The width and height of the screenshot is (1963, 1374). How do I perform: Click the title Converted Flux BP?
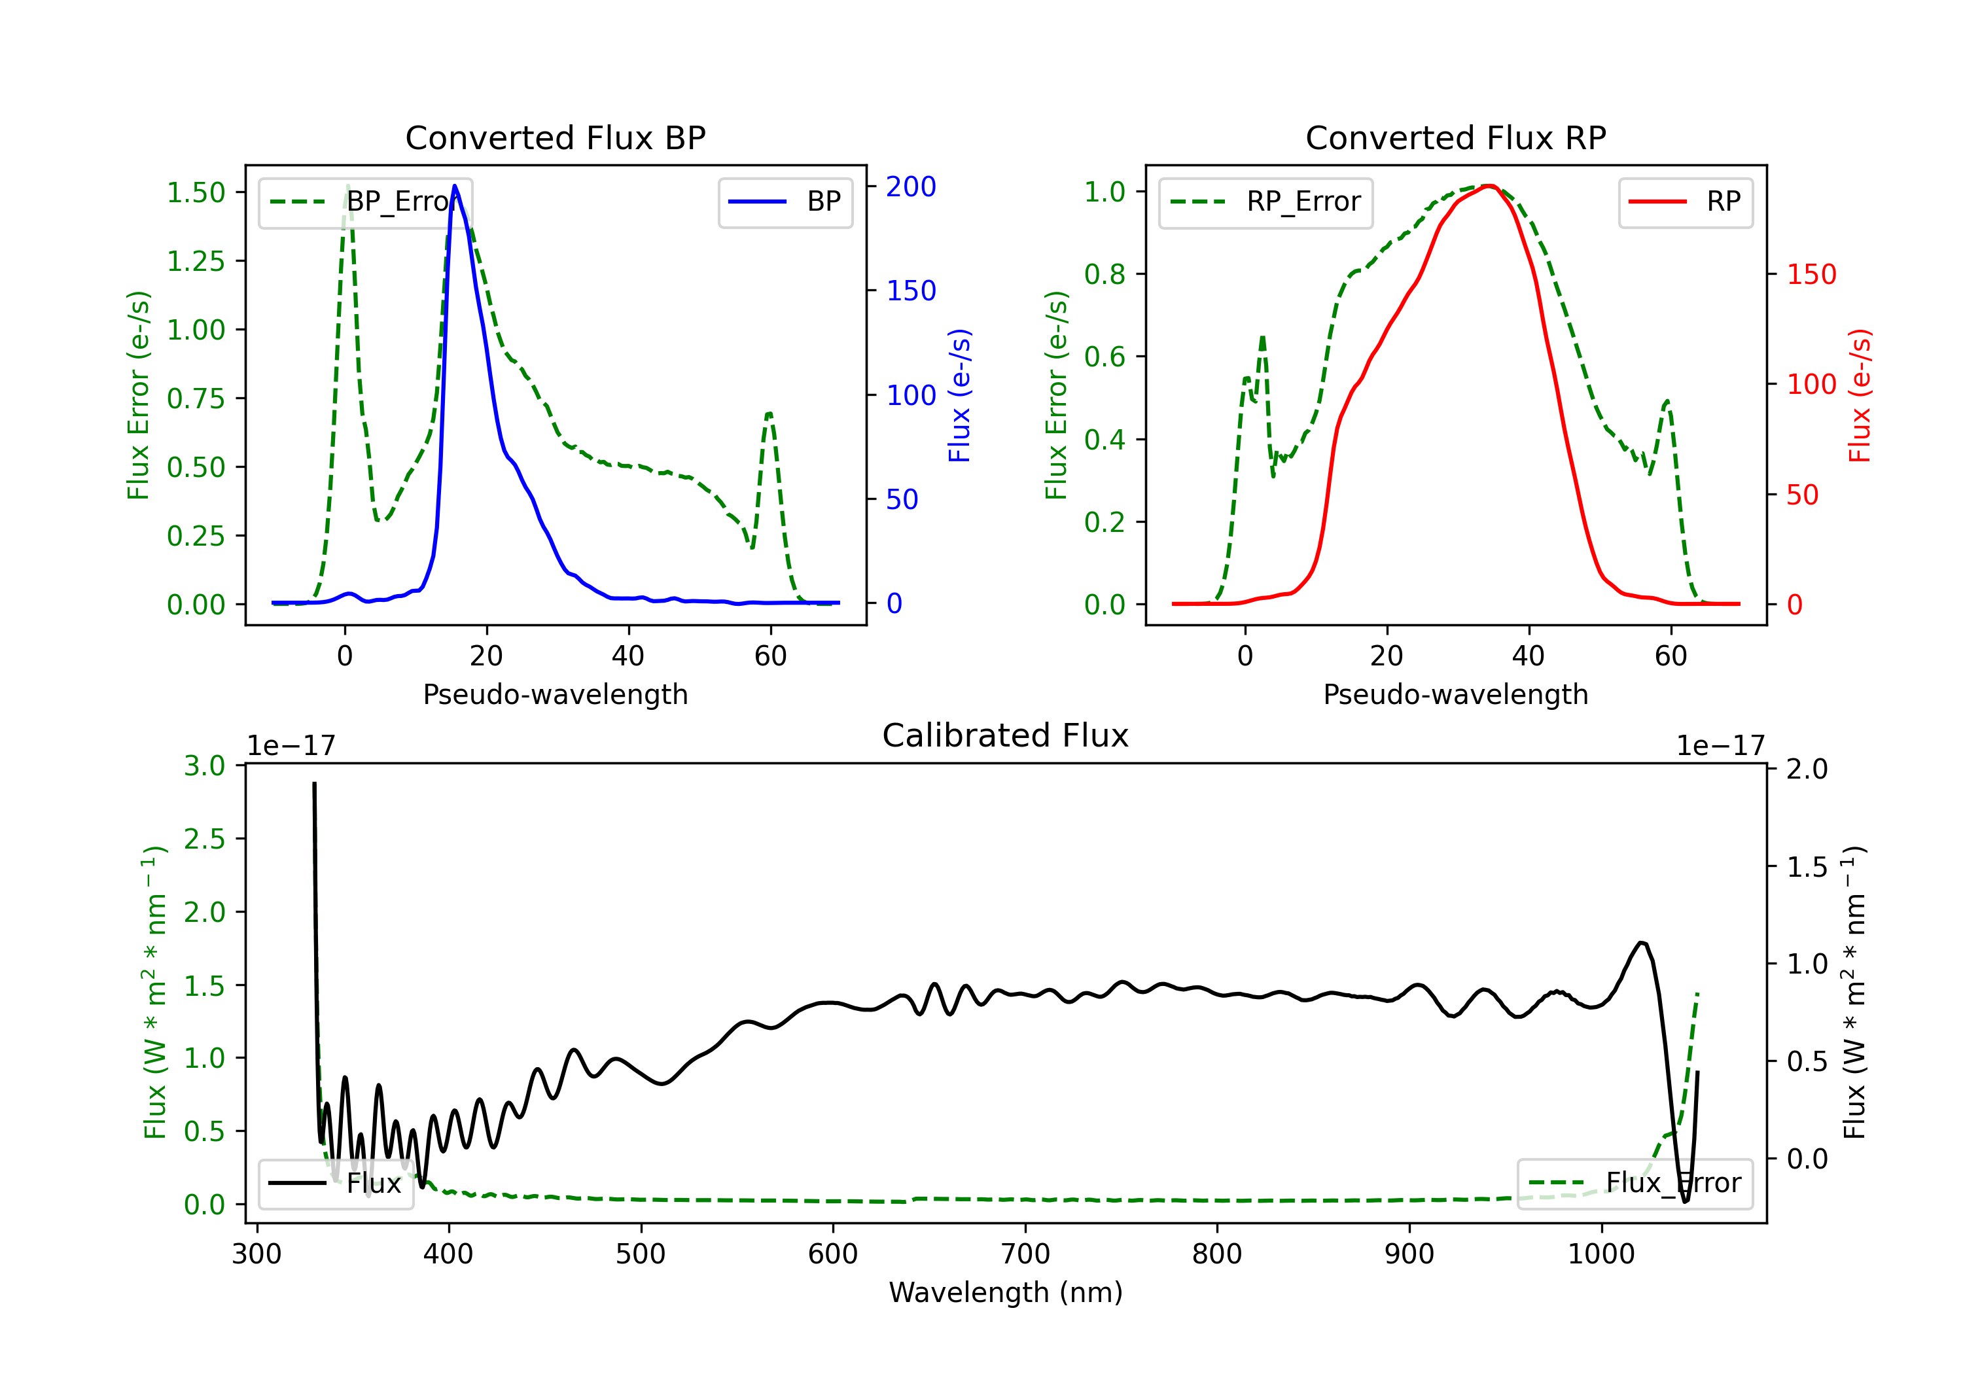pyautogui.click(x=555, y=137)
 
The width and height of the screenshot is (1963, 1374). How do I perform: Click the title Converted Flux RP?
pyautogui.click(x=1455, y=137)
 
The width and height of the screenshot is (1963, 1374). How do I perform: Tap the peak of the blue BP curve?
pyautogui.click(x=455, y=186)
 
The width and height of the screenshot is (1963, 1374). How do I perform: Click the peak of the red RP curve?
pyautogui.click(x=1488, y=186)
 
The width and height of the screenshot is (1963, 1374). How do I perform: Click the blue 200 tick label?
pyautogui.click(x=911, y=186)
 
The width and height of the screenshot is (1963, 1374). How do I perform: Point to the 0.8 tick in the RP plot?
pyautogui.click(x=1104, y=274)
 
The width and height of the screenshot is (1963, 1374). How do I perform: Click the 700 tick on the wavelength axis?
pyautogui.click(x=1025, y=1254)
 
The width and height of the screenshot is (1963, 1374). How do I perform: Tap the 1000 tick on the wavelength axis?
pyautogui.click(x=1600, y=1254)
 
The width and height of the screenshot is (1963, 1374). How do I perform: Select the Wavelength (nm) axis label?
pyautogui.click(x=1006, y=1292)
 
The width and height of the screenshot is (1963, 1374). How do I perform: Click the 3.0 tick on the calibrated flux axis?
pyautogui.click(x=204, y=766)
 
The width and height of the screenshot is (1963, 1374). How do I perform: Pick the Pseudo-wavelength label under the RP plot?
pyautogui.click(x=1455, y=694)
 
